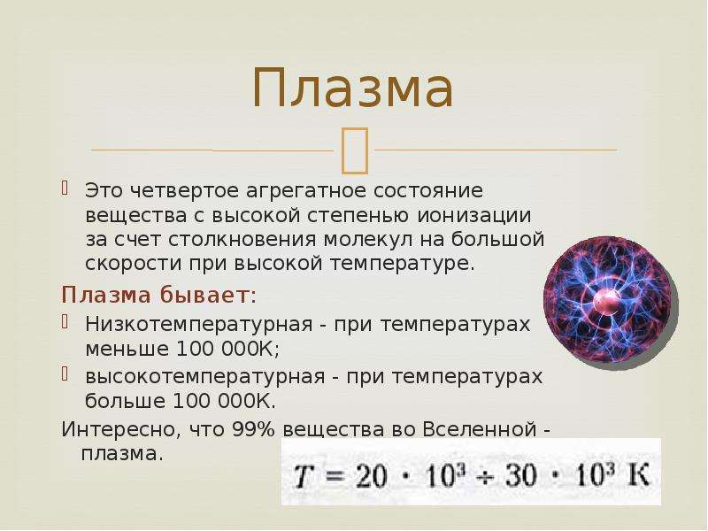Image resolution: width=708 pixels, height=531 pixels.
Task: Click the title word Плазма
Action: coord(353,88)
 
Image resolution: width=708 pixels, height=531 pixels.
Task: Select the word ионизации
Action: coord(473,215)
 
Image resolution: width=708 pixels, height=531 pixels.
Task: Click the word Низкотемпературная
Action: coord(198,325)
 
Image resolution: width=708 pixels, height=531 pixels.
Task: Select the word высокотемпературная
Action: coord(205,377)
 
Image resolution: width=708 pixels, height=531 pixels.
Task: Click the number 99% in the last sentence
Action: coord(253,429)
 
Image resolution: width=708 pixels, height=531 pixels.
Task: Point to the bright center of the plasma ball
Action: coord(607,302)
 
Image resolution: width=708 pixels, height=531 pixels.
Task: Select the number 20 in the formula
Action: coord(371,476)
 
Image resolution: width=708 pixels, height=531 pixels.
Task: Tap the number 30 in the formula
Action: coord(520,476)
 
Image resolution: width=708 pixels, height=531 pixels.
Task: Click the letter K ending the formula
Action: coord(638,475)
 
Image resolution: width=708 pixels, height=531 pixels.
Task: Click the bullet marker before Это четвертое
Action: coord(65,188)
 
